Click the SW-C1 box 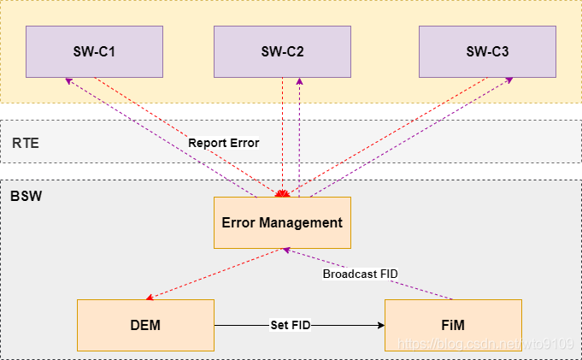[x=94, y=51]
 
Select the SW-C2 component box [x=282, y=51]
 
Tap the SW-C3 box [x=487, y=51]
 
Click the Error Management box [x=282, y=222]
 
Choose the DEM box [x=145, y=325]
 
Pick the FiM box [x=453, y=325]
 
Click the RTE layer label [x=26, y=143]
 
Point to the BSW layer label [x=26, y=196]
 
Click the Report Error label [x=223, y=143]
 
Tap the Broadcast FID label [x=360, y=274]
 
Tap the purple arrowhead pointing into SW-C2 [x=299, y=80]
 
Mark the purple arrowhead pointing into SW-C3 [x=510, y=80]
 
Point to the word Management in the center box [x=305, y=222]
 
